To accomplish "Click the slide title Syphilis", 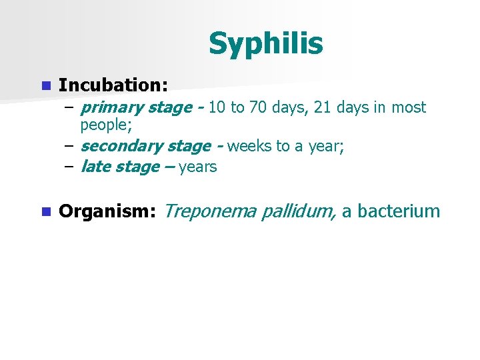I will (x=265, y=44).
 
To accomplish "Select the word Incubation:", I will (x=113, y=85).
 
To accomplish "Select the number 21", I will (x=324, y=107).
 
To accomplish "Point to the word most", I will (x=408, y=107).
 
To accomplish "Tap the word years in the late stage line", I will (x=198, y=167).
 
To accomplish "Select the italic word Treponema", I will (x=209, y=212).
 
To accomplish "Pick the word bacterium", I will (x=399, y=212).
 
